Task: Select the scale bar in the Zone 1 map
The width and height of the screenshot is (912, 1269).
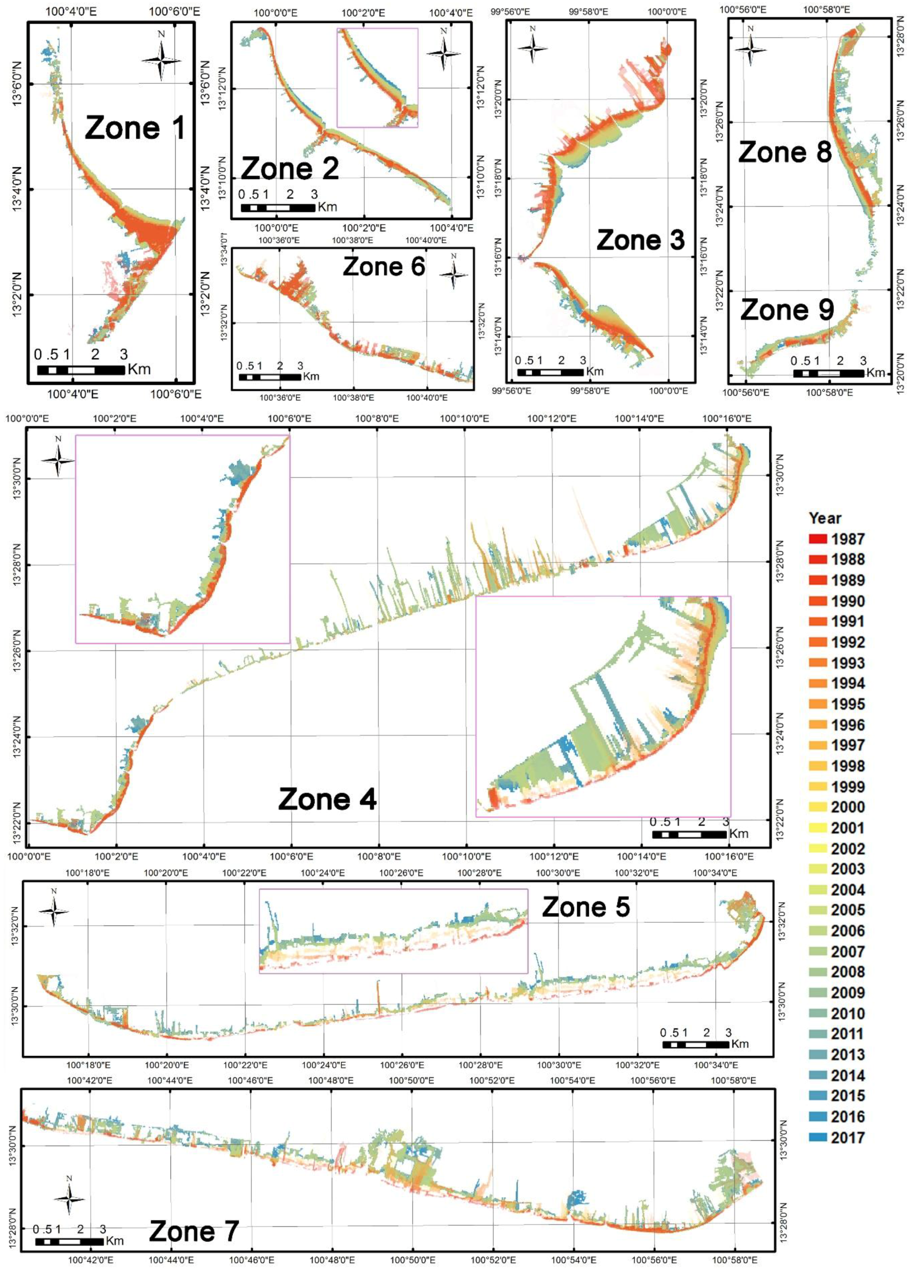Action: point(80,370)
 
